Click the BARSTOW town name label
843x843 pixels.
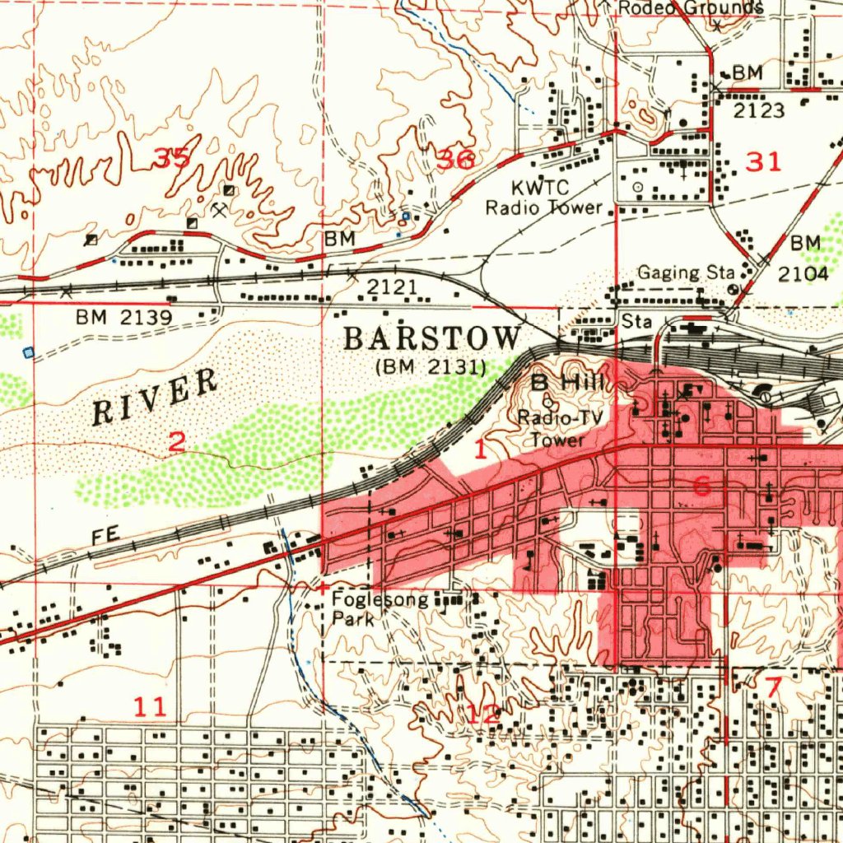[432, 338]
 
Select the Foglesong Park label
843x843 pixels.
[380, 608]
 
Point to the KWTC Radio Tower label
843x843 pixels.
[543, 198]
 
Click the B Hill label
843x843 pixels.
[568, 382]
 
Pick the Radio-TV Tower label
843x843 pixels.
[560, 428]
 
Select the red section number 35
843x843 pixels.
[174, 157]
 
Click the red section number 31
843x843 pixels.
[762, 162]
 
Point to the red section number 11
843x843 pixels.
[151, 706]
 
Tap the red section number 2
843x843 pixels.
[176, 442]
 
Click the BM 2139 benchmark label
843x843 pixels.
[123, 317]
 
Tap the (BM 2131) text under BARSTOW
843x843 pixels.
[430, 366]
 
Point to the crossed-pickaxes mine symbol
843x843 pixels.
[218, 210]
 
